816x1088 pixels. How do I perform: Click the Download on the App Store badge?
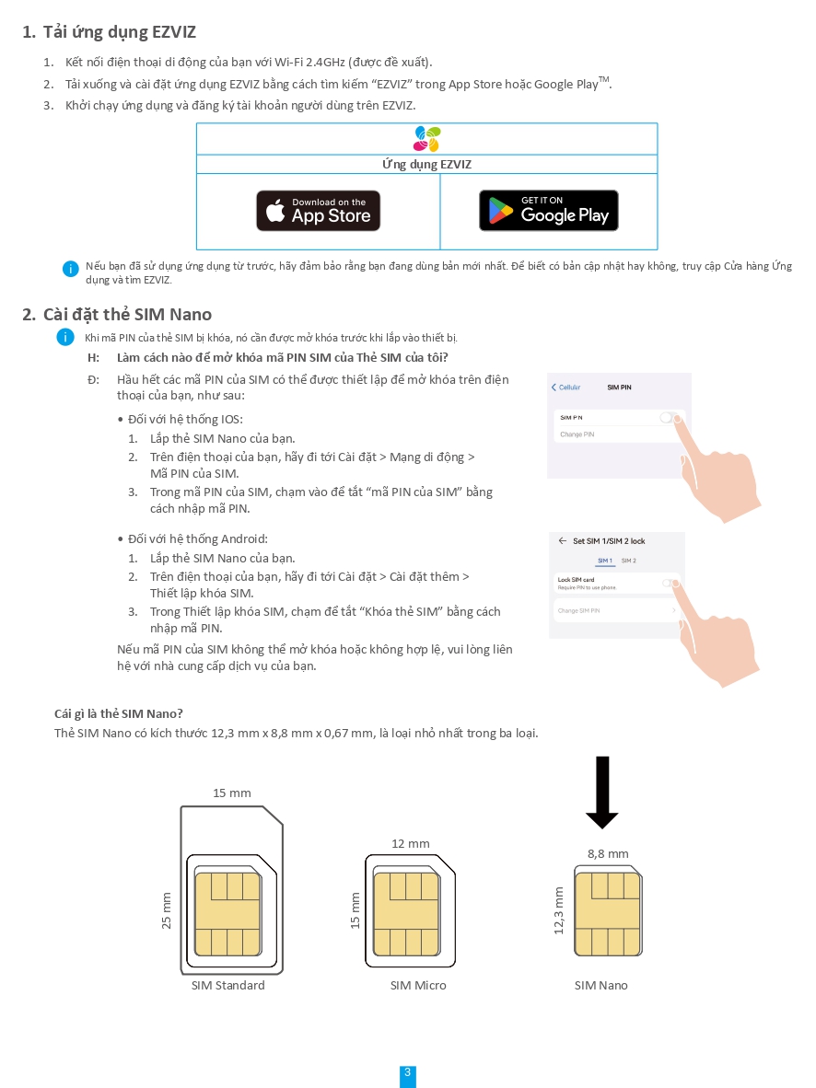pyautogui.click(x=318, y=211)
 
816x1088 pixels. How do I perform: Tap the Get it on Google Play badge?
pyautogui.click(x=548, y=211)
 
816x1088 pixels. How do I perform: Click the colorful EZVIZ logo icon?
pyautogui.click(x=426, y=139)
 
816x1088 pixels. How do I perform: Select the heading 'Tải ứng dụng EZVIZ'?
pyautogui.click(x=119, y=32)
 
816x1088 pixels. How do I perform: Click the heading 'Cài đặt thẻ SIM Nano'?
pyautogui.click(x=127, y=315)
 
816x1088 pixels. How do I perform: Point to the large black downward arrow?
pyautogui.click(x=601, y=792)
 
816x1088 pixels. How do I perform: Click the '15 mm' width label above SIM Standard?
pyautogui.click(x=232, y=793)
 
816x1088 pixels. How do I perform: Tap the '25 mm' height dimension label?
pyautogui.click(x=167, y=910)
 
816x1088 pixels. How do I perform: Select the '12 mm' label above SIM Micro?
pyautogui.click(x=411, y=844)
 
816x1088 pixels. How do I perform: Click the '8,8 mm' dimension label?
pyautogui.click(x=608, y=854)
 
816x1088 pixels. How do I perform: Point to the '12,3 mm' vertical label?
pyautogui.click(x=558, y=910)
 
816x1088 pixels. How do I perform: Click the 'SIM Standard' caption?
pyautogui.click(x=228, y=986)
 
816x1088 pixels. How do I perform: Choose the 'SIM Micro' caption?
pyautogui.click(x=418, y=986)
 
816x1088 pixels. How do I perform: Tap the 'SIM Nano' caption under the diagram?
pyautogui.click(x=601, y=986)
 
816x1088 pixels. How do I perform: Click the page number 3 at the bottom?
pyautogui.click(x=408, y=1073)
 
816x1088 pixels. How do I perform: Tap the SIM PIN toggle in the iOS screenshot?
pyautogui.click(x=669, y=418)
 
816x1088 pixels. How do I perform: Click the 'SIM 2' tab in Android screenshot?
pyautogui.click(x=629, y=561)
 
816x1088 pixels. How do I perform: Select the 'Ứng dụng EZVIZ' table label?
pyautogui.click(x=426, y=165)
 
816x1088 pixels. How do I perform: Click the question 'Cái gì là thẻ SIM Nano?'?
pyautogui.click(x=119, y=714)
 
